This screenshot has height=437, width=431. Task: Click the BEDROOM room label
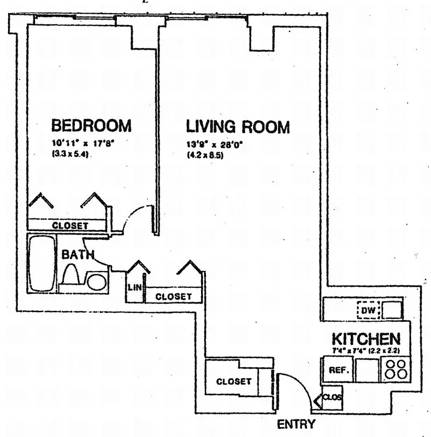pos(91,126)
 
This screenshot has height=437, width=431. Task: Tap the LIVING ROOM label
pos(238,127)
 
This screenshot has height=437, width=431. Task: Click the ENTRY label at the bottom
pos(297,424)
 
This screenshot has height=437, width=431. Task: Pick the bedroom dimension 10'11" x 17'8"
pos(82,144)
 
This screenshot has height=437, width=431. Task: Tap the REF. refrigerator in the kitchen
pos(335,370)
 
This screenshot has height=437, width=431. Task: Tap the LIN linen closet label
pos(133,287)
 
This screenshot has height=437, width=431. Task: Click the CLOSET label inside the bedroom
pos(70,225)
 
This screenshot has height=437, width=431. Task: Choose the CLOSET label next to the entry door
pos(233,381)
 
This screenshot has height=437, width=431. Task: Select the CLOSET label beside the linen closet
pos(174,297)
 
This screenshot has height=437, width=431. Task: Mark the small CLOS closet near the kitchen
pos(332,398)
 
